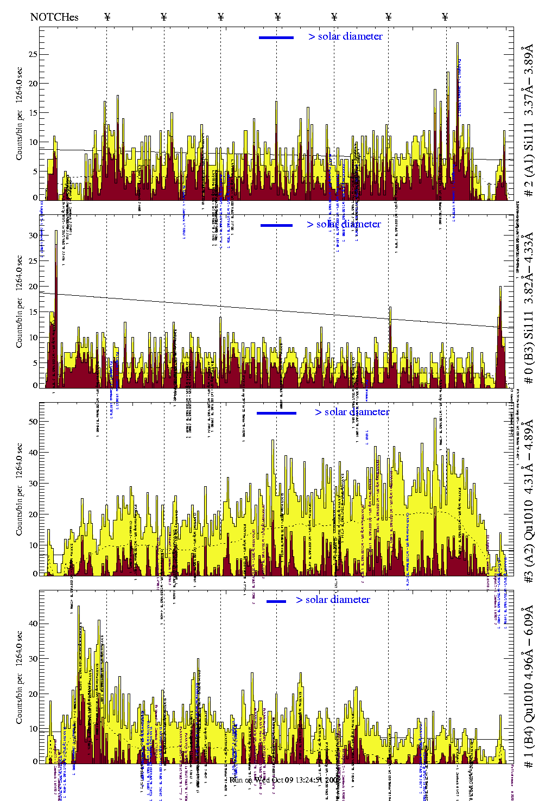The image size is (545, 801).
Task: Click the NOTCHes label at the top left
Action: click(54, 17)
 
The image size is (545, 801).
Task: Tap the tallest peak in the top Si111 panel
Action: click(458, 44)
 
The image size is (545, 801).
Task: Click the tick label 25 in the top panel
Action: click(34, 54)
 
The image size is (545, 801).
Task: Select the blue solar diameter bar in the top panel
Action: click(276, 37)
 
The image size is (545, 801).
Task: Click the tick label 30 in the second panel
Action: click(34, 236)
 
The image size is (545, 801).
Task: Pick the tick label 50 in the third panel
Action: click(34, 421)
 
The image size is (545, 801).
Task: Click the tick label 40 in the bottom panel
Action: click(34, 624)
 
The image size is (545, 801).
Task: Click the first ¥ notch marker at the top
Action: click(107, 17)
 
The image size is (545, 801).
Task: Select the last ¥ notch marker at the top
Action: click(445, 17)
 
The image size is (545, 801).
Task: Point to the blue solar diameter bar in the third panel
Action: click(276, 413)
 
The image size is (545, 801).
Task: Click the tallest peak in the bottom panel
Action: click(79, 608)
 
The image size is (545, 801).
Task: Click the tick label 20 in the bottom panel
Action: click(34, 694)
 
